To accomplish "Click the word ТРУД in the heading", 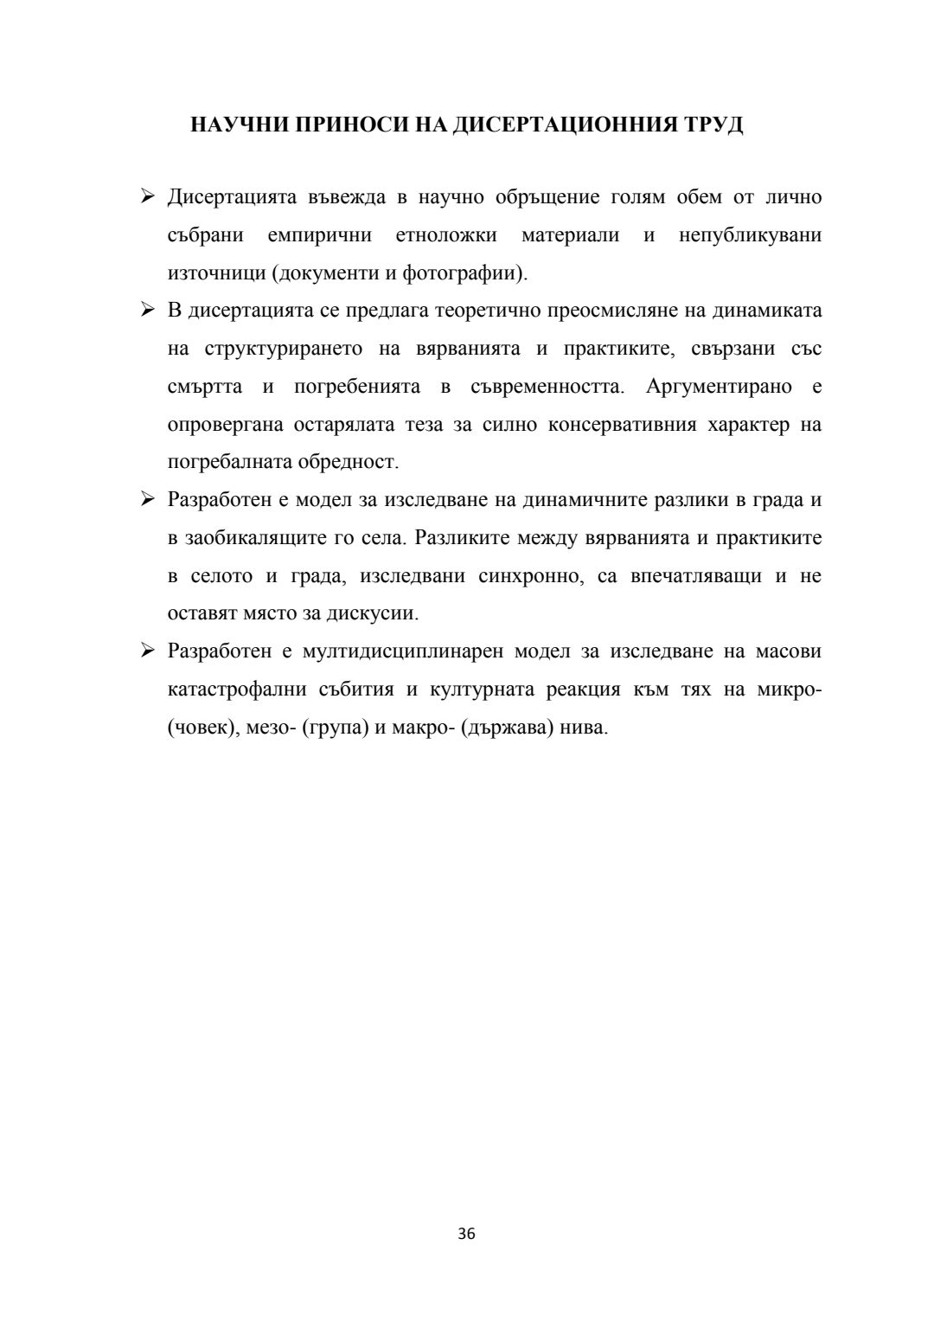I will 713,125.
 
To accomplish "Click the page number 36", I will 467,1234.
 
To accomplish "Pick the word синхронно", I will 531,576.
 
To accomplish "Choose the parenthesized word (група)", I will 333,728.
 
